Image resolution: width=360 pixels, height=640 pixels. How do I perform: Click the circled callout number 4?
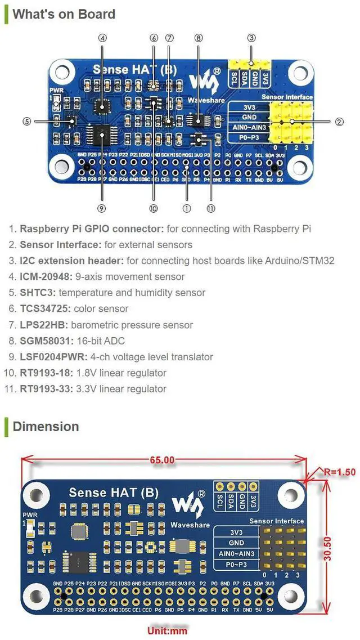[102, 38]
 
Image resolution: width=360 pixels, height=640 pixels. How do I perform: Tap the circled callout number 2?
[339, 121]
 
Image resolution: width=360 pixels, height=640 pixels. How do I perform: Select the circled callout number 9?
[102, 208]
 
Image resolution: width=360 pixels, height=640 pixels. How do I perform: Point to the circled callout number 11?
[211, 208]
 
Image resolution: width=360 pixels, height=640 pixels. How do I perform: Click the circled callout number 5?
[26, 121]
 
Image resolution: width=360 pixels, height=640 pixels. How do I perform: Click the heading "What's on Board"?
[64, 14]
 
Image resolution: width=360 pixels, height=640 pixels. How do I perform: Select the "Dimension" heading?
[46, 426]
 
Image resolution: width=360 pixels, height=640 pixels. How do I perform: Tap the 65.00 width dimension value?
[162, 460]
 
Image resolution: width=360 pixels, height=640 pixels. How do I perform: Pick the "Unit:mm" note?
[167, 630]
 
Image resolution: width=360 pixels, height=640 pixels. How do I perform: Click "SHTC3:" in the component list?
[38, 293]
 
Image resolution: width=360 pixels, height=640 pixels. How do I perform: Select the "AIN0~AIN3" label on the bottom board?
[236, 554]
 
